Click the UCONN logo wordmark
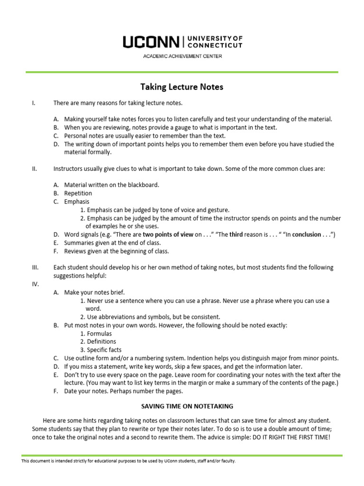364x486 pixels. [x=151, y=42]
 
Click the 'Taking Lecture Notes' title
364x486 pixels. [x=182, y=87]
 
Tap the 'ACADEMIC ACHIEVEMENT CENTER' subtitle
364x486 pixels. [x=182, y=56]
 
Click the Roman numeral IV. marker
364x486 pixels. [x=35, y=284]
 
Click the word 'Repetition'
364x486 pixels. [x=78, y=193]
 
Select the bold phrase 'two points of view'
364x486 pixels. [x=168, y=234]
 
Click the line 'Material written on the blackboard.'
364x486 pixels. [x=112, y=185]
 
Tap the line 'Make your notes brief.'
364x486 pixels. [x=94, y=292]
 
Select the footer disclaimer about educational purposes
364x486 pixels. [x=128, y=461]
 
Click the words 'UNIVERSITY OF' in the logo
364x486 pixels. [x=215, y=38]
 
